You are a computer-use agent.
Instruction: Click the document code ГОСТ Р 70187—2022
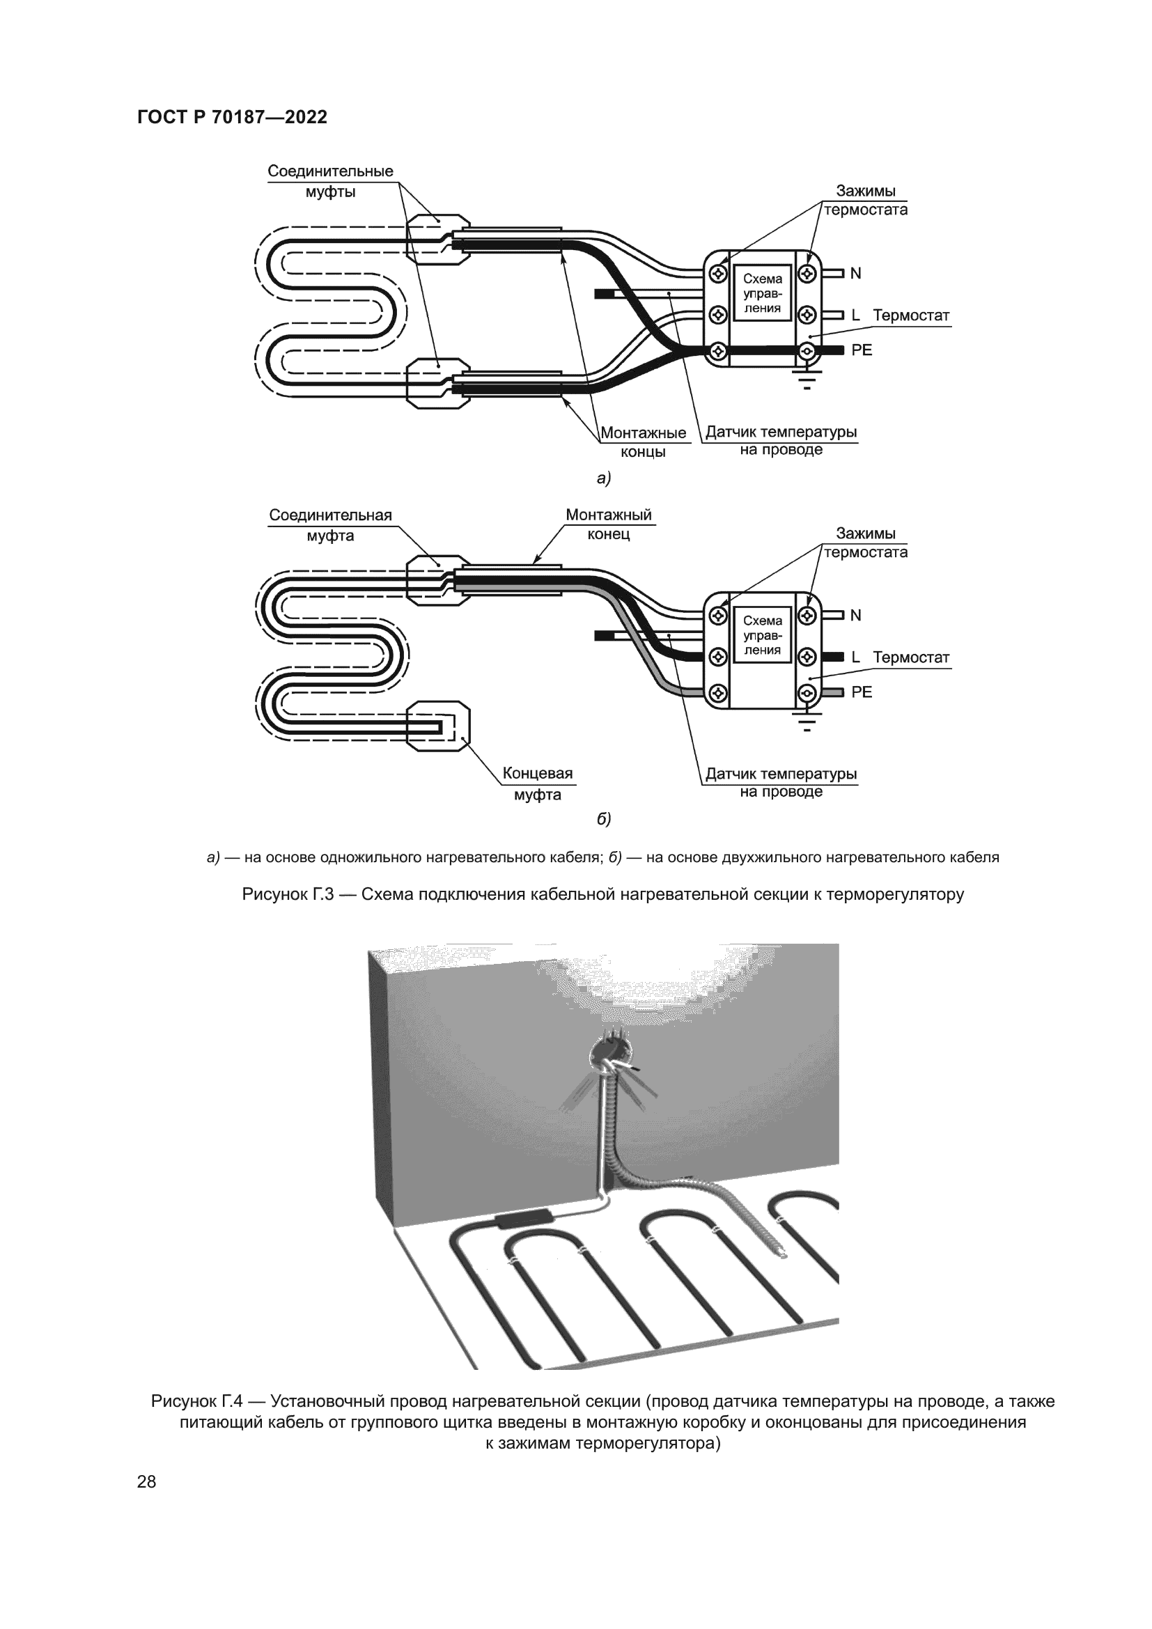point(232,118)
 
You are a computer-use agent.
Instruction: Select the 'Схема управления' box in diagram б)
point(762,635)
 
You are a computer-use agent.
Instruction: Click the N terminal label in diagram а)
point(855,273)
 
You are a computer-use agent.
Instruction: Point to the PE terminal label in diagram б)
point(861,692)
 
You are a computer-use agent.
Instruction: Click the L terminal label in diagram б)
point(855,657)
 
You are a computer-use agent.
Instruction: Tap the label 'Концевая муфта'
point(537,784)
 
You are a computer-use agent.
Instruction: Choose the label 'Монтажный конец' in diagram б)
point(608,524)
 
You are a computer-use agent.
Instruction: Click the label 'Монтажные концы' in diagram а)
point(643,442)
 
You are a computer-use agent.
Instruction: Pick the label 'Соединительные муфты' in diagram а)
point(330,181)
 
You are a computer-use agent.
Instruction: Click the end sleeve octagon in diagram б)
point(437,726)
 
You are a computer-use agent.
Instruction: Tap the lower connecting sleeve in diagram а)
point(437,383)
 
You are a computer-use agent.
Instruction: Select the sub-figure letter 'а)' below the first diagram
point(604,478)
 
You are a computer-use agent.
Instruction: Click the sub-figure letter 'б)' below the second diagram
point(604,819)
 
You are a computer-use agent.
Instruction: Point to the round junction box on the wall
point(612,1049)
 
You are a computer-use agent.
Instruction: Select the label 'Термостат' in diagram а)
point(911,315)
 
